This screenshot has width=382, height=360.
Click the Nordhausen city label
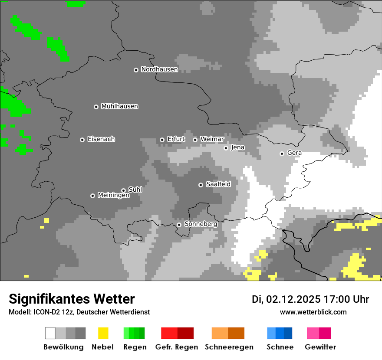[159, 69]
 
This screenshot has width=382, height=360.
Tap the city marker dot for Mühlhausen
[96, 107]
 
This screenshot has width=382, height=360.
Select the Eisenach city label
[101, 139]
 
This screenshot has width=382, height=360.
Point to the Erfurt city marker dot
[162, 140]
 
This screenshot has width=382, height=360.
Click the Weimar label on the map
[212, 139]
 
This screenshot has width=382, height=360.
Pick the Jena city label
[237, 147]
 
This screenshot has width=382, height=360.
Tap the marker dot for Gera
[282, 154]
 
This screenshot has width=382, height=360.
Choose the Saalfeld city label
[218, 184]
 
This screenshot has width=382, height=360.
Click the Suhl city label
[135, 190]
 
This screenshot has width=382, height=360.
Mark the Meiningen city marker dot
[92, 196]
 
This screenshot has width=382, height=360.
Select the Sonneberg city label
[201, 224]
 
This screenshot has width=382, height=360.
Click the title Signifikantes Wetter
[72, 299]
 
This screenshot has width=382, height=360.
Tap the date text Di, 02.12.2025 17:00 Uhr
[310, 299]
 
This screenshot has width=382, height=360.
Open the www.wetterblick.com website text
[313, 312]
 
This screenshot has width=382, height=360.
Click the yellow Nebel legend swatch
[103, 333]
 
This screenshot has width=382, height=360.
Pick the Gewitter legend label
[320, 347]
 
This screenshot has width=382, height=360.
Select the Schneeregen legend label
[229, 347]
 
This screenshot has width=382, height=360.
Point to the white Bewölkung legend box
[50, 333]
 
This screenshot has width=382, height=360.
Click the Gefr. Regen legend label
[176, 347]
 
